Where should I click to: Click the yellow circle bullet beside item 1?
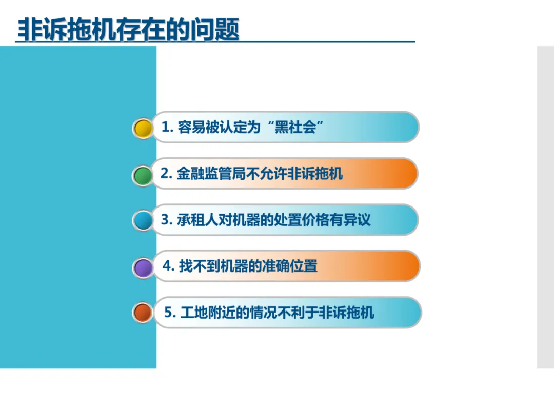pos(143,129)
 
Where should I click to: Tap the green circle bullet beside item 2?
pos(143,176)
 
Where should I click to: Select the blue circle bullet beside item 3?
pos(143,221)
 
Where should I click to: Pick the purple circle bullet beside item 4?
pos(143,268)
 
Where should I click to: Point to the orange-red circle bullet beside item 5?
pos(143,313)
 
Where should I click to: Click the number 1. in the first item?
pos(167,127)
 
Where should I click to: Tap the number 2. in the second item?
pos(166,173)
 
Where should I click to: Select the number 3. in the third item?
pos(166,219)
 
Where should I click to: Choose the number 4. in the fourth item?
pos(169,266)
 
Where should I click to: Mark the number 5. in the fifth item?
pos(170,313)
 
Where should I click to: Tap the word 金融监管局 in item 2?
pos(211,173)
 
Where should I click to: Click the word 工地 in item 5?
pos(194,313)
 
